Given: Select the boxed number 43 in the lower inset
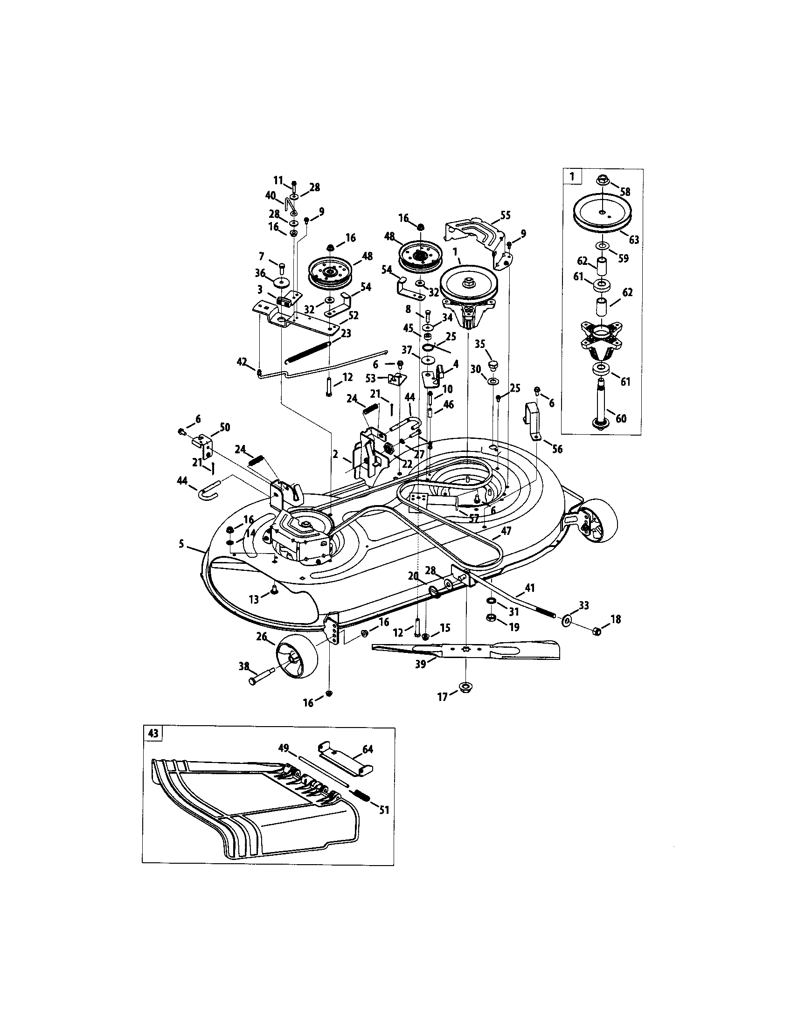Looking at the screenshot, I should [153, 733].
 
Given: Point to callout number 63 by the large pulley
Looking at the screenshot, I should [634, 240].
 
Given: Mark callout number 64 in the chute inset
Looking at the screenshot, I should [368, 749].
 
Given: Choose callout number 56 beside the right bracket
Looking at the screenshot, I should [557, 449].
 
